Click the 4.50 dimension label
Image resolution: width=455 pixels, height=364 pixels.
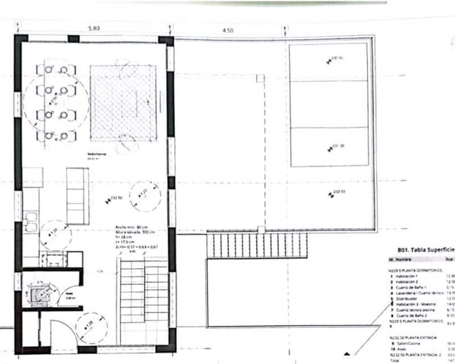227,31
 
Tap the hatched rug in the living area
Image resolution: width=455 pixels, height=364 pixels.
123,102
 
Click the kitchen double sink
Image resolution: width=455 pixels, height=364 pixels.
31,222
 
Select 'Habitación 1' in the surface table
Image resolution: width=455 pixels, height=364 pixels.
408,275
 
